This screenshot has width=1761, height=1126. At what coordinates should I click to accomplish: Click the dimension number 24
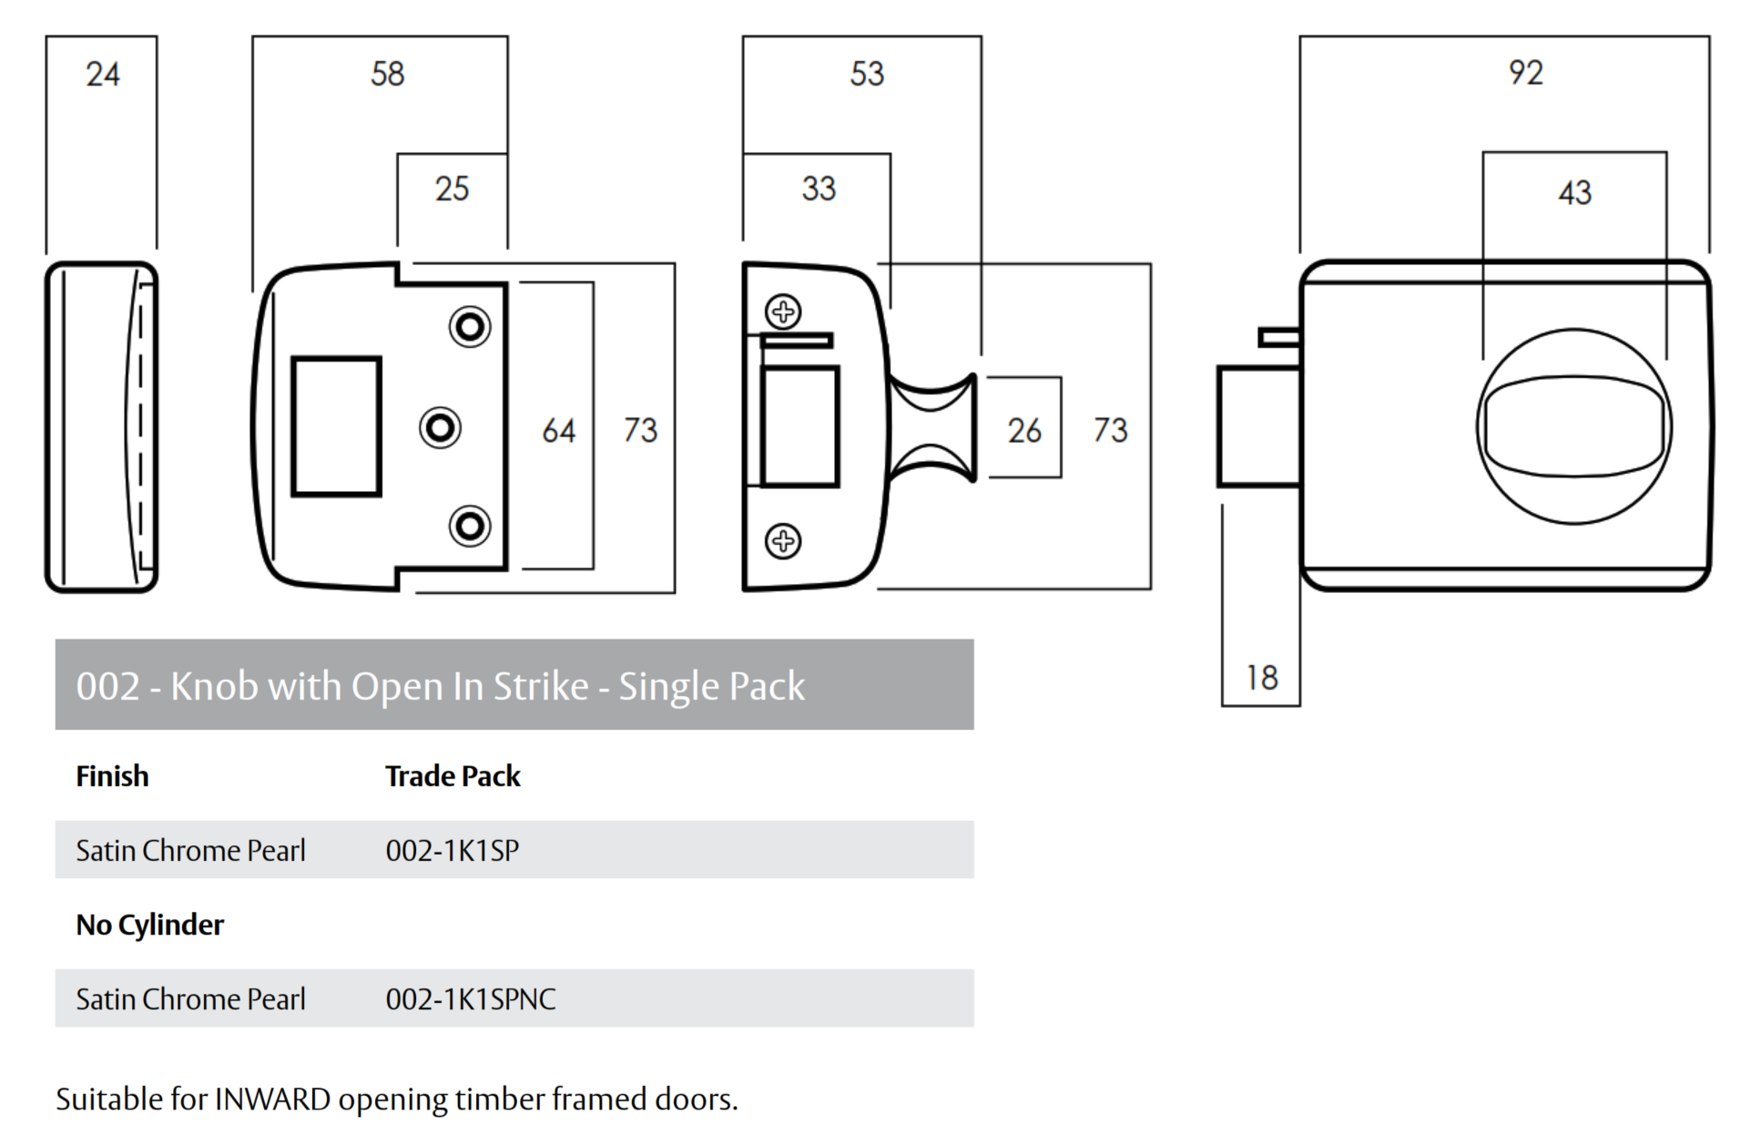[102, 74]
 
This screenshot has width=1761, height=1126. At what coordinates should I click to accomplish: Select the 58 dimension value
[387, 74]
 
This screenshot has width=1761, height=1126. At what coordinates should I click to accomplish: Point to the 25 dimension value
[452, 189]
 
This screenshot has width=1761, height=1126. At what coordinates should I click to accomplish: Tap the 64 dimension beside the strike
[558, 430]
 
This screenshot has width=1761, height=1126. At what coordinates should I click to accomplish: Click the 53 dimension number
[867, 74]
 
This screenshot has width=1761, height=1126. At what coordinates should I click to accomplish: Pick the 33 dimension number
[819, 189]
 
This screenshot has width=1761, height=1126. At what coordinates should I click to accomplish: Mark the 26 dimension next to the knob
[1023, 430]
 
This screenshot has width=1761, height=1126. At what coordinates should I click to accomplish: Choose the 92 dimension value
[1525, 73]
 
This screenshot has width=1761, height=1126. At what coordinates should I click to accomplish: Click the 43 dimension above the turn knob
[1574, 193]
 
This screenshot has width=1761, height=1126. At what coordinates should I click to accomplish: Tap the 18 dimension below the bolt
[1261, 678]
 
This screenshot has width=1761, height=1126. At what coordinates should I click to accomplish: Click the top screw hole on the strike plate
[470, 326]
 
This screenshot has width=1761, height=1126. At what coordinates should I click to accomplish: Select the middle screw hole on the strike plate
[440, 427]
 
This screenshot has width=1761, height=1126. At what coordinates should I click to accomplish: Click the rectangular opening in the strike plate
[336, 426]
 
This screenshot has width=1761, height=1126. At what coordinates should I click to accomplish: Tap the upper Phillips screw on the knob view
[783, 312]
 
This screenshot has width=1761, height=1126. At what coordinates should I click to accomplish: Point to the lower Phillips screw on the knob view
[783, 541]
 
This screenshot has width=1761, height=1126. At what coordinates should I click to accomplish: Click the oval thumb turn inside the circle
[1573, 426]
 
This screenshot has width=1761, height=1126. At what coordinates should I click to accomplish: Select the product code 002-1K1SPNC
[470, 999]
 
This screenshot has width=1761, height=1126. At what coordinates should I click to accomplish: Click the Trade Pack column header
[453, 776]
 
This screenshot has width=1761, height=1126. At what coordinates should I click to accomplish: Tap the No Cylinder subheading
[149, 925]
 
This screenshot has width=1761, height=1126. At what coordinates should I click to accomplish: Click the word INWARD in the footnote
[272, 1100]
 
